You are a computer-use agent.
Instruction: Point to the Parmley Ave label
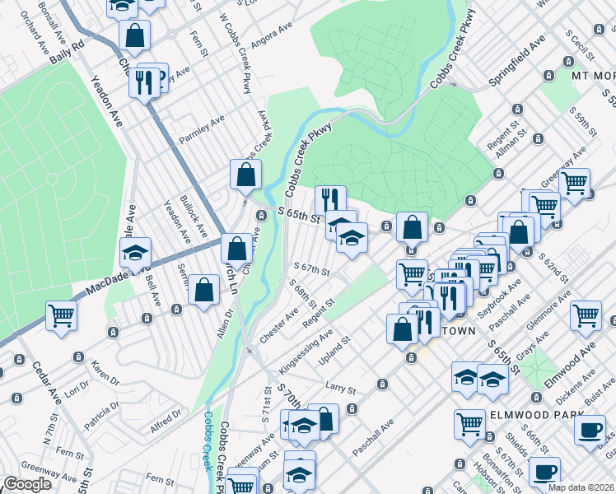point(202,130)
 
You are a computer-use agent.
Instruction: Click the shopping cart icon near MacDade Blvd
point(62,315)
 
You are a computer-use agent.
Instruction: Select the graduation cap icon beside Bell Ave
point(136,252)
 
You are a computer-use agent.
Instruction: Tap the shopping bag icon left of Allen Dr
point(203,290)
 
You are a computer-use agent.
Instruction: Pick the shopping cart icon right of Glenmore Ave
point(586,314)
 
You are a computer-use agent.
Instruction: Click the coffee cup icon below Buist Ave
point(589,430)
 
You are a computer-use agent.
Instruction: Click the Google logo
point(26,484)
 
